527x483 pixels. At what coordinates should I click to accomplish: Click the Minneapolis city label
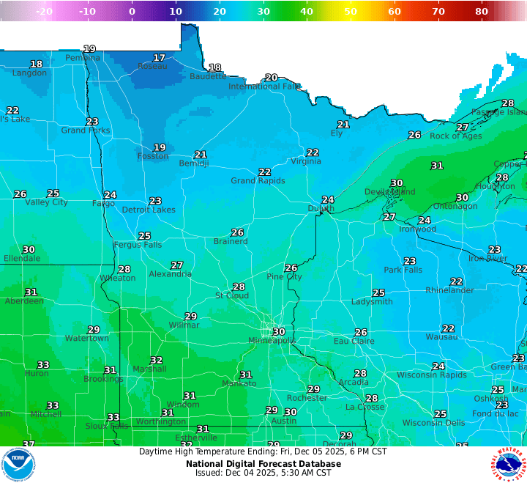click(x=272, y=341)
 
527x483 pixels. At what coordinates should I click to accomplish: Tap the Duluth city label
click(x=320, y=209)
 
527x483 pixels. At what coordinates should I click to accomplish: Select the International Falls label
click(x=264, y=86)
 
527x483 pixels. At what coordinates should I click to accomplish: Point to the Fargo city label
click(x=103, y=204)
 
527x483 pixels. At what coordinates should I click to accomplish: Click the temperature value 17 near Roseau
click(x=159, y=58)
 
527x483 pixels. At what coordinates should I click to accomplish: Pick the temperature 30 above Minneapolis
click(x=278, y=332)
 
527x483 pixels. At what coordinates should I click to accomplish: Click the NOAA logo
click(x=18, y=464)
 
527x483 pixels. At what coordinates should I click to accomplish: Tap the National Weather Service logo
click(x=509, y=464)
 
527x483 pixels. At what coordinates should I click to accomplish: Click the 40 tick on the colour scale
click(x=307, y=11)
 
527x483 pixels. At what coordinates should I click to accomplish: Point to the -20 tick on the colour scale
click(x=44, y=11)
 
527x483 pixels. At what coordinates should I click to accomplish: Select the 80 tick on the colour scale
click(x=482, y=11)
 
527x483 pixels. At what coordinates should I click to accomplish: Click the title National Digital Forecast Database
click(x=263, y=463)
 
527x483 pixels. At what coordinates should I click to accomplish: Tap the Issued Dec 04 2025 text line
click(x=263, y=473)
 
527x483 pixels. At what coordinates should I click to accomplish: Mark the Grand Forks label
click(x=86, y=130)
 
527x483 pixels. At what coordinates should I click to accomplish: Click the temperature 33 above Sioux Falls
click(x=113, y=418)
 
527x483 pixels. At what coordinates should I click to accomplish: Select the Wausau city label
click(x=441, y=337)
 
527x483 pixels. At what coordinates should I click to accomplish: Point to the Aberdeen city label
click(x=24, y=301)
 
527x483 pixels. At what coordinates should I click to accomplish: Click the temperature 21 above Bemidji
click(x=201, y=155)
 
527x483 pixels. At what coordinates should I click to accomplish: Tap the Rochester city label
click(x=307, y=398)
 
